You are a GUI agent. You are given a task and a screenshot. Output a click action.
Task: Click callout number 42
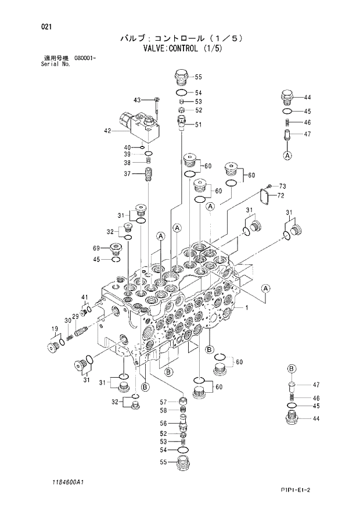107,131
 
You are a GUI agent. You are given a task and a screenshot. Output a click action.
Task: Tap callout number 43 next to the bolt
137,99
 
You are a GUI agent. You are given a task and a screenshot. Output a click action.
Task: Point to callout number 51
198,124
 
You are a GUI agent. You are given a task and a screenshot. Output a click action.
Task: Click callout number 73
282,186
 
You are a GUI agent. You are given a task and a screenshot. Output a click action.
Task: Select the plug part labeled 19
55,347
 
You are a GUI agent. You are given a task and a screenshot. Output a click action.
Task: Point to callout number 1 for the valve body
246,307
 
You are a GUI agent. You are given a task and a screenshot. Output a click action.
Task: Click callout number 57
163,402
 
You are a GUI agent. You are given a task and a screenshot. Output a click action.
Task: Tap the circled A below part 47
287,156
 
